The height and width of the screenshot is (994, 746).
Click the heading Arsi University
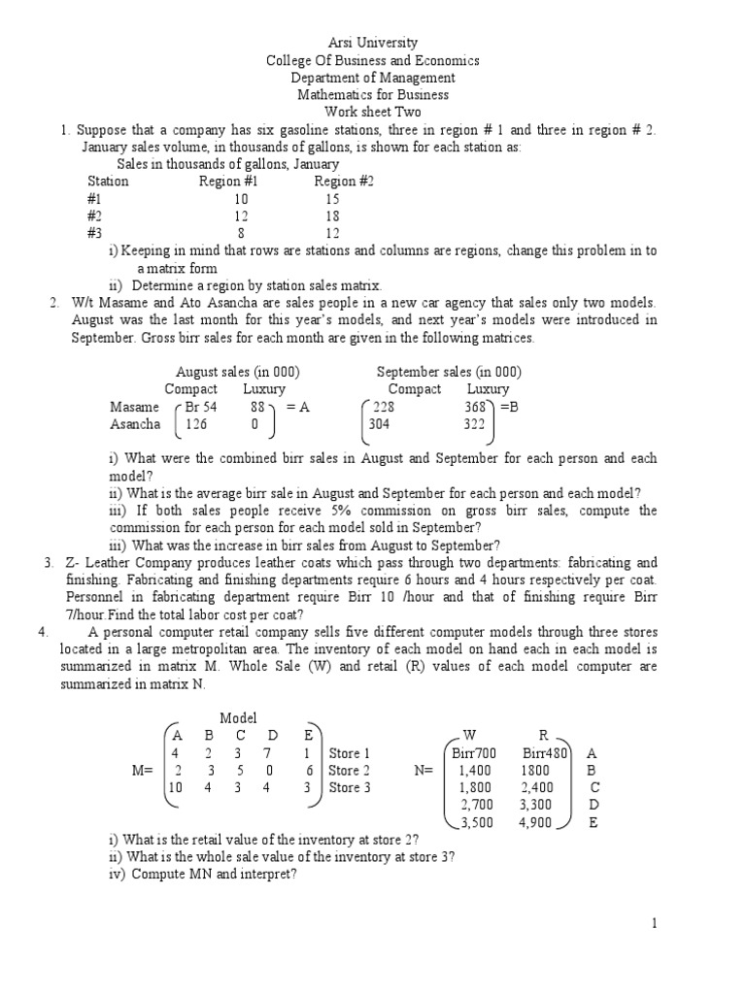click(373, 43)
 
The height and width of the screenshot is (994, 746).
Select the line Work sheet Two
click(373, 113)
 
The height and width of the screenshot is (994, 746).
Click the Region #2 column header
click(344, 182)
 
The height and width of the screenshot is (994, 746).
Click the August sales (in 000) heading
click(237, 373)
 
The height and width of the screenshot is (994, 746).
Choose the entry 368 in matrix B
click(475, 408)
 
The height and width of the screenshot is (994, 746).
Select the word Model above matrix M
click(238, 718)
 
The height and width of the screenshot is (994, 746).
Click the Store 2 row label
click(350, 771)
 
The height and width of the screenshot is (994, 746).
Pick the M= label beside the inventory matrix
click(145, 771)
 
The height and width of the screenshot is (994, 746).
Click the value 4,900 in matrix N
click(535, 823)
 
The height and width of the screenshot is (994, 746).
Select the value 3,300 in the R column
click(535, 806)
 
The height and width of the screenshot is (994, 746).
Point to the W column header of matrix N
click(470, 736)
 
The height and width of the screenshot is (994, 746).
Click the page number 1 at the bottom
click(656, 924)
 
